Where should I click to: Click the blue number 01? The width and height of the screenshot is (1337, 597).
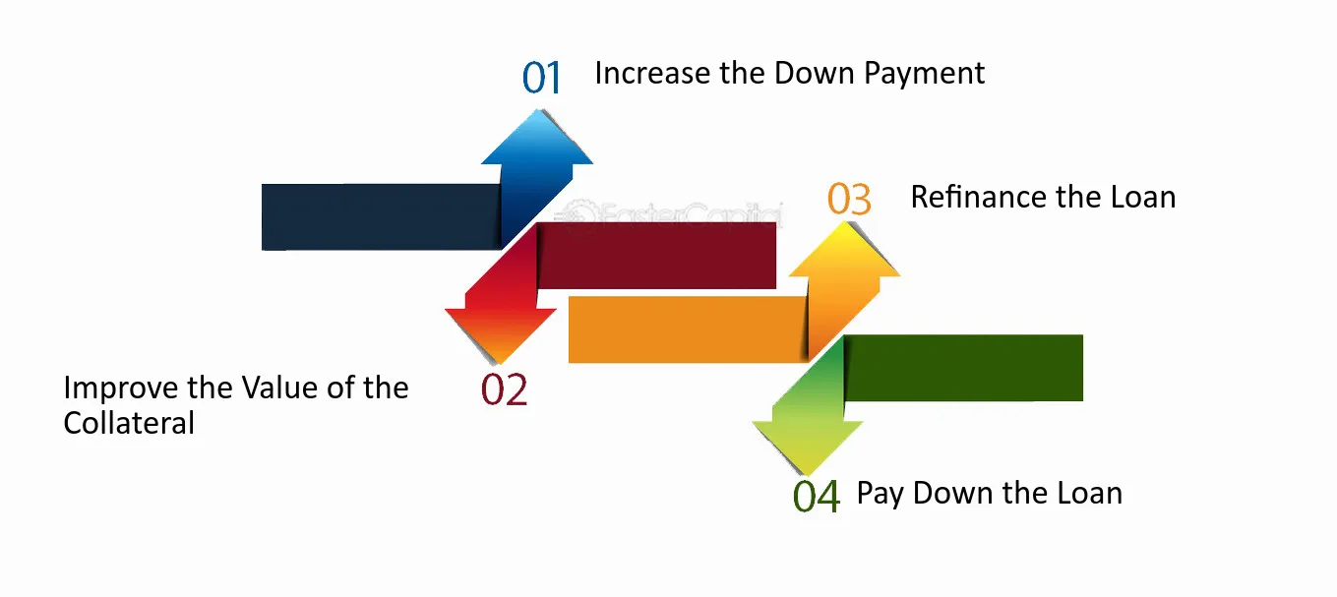(x=541, y=78)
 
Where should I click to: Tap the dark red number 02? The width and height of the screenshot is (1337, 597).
(x=504, y=390)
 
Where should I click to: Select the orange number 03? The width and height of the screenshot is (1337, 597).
(x=849, y=199)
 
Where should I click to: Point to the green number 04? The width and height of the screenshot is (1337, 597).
(x=817, y=497)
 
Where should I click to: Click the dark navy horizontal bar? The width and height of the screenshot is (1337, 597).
(x=379, y=216)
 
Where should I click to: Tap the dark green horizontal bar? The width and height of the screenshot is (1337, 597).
(x=964, y=368)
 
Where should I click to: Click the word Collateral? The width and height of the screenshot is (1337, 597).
(x=129, y=423)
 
